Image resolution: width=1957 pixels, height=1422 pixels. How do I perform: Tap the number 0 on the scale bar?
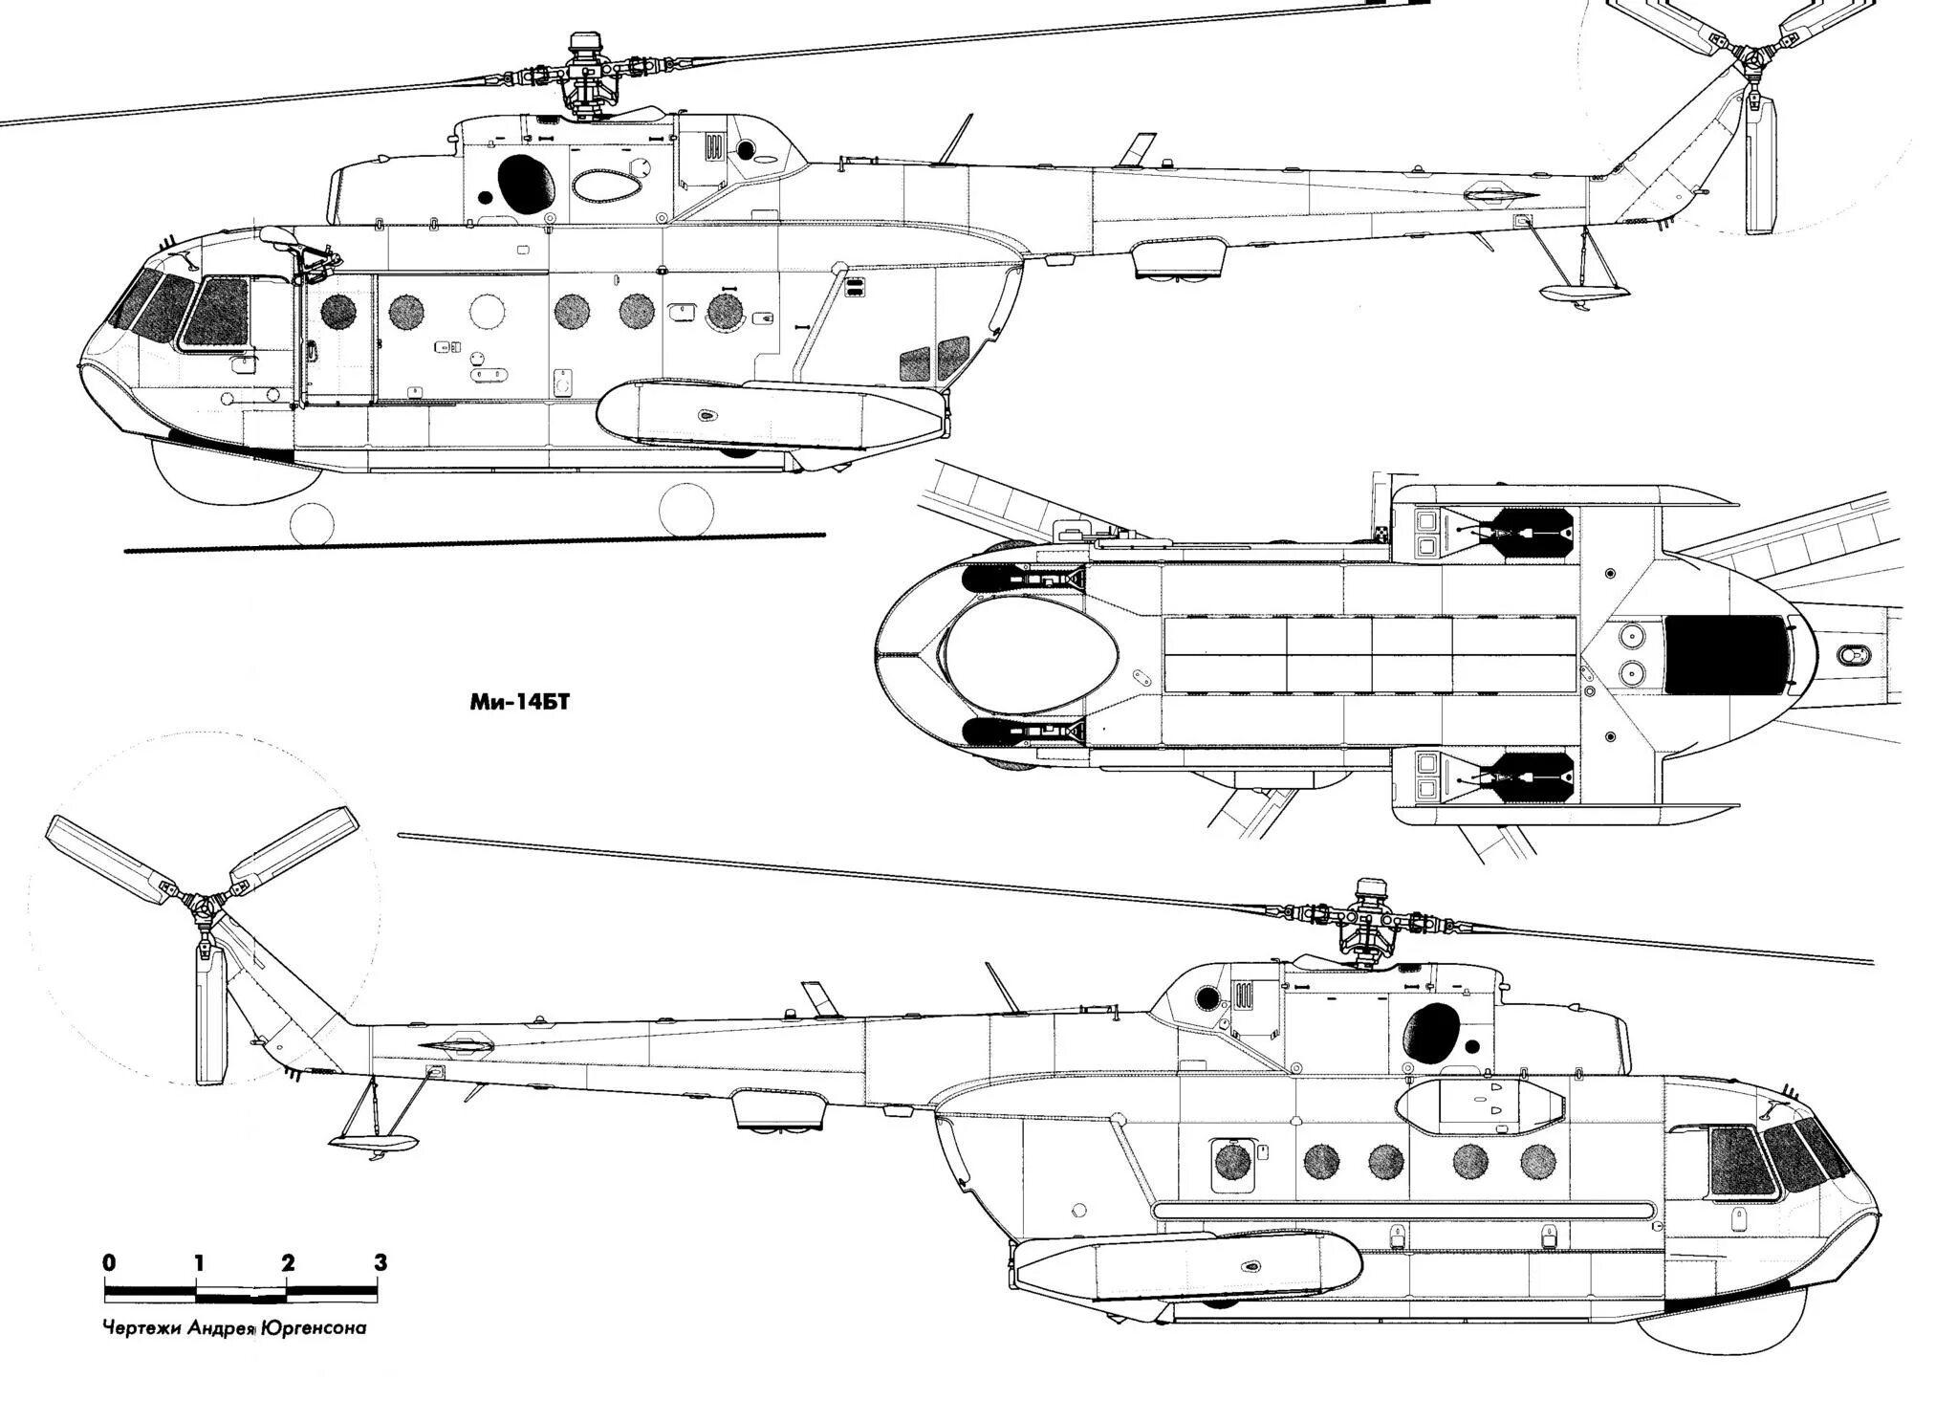tap(110, 1263)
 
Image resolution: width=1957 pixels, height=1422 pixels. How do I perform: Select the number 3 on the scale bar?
tap(381, 1263)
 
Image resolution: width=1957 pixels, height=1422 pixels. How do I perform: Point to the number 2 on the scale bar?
tap(289, 1263)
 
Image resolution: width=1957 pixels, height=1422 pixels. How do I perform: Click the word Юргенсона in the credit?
tap(312, 1329)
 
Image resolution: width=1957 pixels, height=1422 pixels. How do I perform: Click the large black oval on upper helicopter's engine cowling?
tap(527, 182)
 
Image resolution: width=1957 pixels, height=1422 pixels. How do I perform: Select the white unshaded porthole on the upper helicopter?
tap(488, 311)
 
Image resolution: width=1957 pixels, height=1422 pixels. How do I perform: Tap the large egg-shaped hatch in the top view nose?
tap(1030, 655)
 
